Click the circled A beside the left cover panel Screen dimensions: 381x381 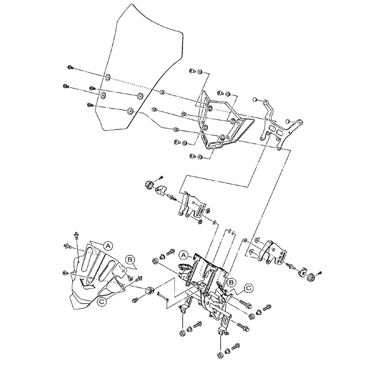click(x=108, y=246)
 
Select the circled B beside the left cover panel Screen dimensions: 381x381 click(x=130, y=260)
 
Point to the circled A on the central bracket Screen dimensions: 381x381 click(x=184, y=254)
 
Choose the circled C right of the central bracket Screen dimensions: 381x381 click(x=249, y=288)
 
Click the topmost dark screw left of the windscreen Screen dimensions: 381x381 click(x=70, y=67)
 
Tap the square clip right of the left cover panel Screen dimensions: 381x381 click(x=149, y=290)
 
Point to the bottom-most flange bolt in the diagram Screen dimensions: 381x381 click(x=235, y=347)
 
